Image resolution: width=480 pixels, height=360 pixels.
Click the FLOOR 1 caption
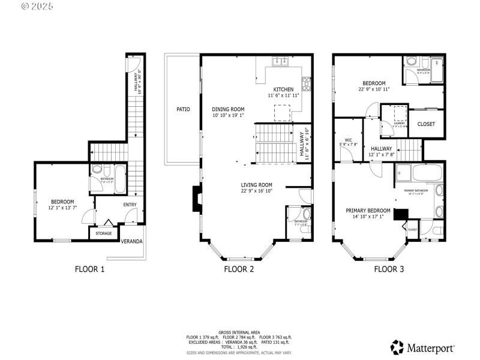[x=89, y=269]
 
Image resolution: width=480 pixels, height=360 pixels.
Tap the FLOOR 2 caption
[x=239, y=269]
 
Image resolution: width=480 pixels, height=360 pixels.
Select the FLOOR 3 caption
[x=389, y=269]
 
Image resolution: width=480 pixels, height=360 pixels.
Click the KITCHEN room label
[x=283, y=89]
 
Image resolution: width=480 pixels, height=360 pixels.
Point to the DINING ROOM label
[x=228, y=109]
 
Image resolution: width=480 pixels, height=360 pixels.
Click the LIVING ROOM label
[x=257, y=185]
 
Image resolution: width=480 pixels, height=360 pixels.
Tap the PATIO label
[x=183, y=110]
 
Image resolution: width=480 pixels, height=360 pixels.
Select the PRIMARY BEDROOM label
[x=368, y=211]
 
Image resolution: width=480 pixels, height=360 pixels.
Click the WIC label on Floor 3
[x=347, y=139]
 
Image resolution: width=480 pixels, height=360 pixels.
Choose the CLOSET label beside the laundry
[x=426, y=124]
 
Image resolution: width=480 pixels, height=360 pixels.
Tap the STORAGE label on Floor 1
[x=104, y=233]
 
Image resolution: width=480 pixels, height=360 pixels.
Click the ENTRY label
[x=130, y=205]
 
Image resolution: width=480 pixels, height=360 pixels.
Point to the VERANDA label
[x=132, y=241]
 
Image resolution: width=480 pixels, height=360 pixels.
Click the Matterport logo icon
[x=397, y=347]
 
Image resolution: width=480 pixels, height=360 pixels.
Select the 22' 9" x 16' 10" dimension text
[x=257, y=192]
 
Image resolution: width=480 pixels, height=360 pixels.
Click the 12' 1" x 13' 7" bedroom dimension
[x=62, y=208]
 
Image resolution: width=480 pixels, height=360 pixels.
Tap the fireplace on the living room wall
[x=195, y=199]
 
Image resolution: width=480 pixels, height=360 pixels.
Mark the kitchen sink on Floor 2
[x=280, y=61]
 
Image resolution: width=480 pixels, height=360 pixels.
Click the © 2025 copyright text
[x=37, y=7]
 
